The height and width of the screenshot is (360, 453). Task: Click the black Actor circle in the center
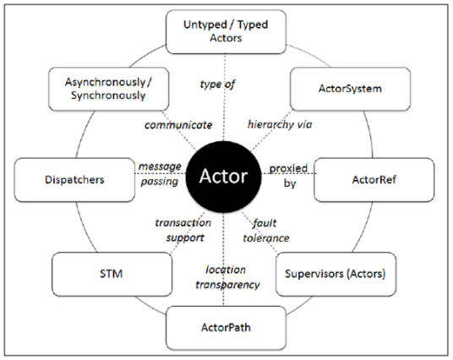pyautogui.click(x=223, y=177)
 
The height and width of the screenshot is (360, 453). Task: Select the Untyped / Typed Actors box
pyautogui.click(x=226, y=32)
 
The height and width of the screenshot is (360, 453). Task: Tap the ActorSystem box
pyautogui.click(x=350, y=89)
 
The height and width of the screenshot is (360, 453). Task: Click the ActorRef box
pyautogui.click(x=374, y=180)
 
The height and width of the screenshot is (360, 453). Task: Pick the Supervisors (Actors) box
pyautogui.click(x=336, y=274)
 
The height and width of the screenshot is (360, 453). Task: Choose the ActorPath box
pyautogui.click(x=226, y=328)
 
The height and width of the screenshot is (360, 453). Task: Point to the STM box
pyautogui.click(x=112, y=274)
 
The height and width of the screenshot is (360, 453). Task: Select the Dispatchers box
pyautogui.click(x=74, y=180)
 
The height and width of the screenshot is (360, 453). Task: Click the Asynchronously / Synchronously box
pyautogui.click(x=109, y=89)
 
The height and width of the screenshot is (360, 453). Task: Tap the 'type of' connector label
pyautogui.click(x=217, y=85)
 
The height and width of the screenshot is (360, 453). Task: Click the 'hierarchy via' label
pyautogui.click(x=280, y=124)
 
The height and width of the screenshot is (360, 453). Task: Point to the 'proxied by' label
pyautogui.click(x=288, y=176)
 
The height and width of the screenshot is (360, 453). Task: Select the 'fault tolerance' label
pyautogui.click(x=266, y=231)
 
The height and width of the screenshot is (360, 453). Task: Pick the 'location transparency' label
pyautogui.click(x=227, y=277)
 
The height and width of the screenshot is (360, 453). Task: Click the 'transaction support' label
pyautogui.click(x=183, y=230)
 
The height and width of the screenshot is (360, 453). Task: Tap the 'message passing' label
pyautogui.click(x=160, y=174)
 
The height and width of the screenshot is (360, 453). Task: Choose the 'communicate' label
pyautogui.click(x=178, y=125)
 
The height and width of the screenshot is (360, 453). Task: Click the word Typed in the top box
pyautogui.click(x=253, y=25)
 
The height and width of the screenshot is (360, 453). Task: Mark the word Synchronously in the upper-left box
pyautogui.click(x=108, y=95)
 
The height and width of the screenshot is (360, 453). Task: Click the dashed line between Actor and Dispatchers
pyautogui.click(x=161, y=173)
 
